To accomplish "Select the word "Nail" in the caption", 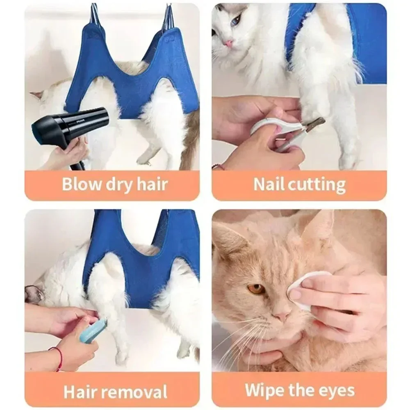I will [268, 184].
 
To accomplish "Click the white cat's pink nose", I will [228, 43].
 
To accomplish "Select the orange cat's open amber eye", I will [256, 289].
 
